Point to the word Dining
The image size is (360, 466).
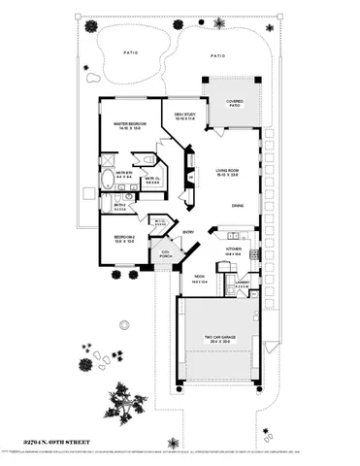pos(237,205)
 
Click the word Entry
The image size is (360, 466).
pos(187,231)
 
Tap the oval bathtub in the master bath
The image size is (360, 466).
pos(106,181)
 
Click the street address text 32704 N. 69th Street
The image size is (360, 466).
pos(52,439)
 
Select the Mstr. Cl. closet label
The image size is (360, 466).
pos(152,180)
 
